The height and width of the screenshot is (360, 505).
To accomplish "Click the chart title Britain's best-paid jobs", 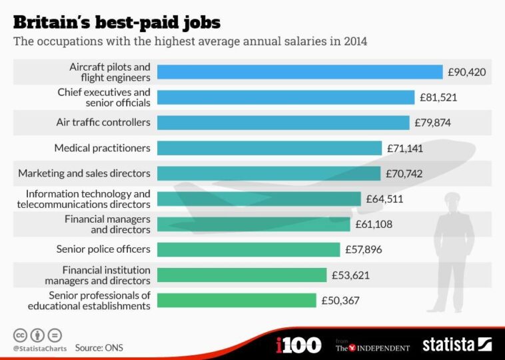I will coord(117,21).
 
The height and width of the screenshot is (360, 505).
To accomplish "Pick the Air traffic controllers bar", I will coord(283,123).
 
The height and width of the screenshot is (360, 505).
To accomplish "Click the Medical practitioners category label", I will coord(102,148).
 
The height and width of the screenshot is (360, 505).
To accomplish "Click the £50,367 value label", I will coord(340,300).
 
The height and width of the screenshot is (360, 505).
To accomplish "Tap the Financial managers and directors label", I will coord(107,224).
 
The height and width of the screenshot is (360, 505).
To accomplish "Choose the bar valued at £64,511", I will coord(259,199).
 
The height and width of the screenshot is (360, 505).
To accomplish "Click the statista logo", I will coord(456,345).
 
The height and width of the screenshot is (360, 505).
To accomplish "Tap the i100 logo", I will coord(298,345).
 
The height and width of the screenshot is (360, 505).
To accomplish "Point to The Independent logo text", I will coord(372,347).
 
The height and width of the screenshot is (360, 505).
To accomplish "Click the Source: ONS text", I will coord(99,347).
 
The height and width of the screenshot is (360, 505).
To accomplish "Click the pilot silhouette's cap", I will coord(452,197).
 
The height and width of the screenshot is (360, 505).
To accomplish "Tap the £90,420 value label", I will coord(466,72).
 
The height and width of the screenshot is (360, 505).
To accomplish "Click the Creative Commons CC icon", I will coord(19,335).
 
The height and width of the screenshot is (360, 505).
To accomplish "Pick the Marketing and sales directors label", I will coord(85,173).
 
